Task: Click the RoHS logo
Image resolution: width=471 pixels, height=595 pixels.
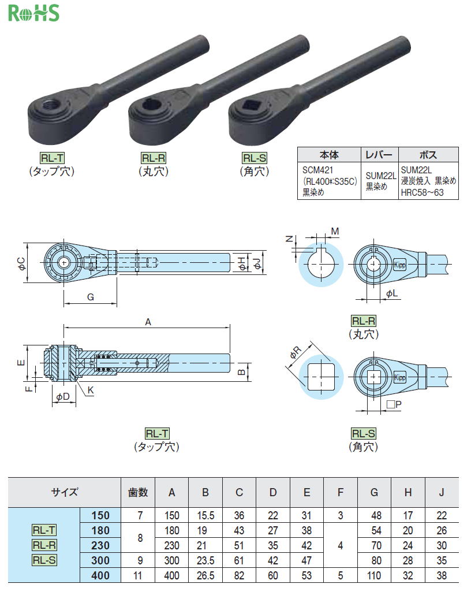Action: pos(34,13)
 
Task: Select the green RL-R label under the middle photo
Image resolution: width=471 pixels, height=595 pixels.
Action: pos(154,158)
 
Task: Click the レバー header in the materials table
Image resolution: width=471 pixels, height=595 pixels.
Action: pos(379,155)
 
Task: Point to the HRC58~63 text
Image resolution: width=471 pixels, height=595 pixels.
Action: pos(422,192)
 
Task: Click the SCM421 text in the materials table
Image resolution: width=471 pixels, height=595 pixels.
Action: pos(317,170)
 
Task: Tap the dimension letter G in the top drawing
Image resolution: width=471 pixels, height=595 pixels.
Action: pos(90,297)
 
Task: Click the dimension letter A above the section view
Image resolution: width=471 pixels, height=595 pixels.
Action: pos(148,322)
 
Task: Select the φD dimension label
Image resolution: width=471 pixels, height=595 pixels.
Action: pos(63,396)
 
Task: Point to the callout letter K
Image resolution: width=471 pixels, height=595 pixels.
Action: pos(91,390)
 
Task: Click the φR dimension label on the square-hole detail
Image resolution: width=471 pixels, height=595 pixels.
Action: pos(296,352)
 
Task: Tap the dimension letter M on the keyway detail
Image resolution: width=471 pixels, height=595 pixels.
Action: pos(335,231)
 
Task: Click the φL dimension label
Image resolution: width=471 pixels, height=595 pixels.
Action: pos(392,293)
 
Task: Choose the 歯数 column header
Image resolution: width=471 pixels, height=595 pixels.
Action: pos(137,492)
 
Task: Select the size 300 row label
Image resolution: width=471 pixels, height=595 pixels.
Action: pos(100,560)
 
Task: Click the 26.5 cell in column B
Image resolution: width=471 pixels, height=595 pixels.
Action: pos(205,575)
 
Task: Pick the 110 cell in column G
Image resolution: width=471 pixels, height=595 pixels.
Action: pos(374,575)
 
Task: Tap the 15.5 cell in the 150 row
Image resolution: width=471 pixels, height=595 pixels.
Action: pos(205,515)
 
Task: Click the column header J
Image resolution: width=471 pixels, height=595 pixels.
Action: pos(442,492)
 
